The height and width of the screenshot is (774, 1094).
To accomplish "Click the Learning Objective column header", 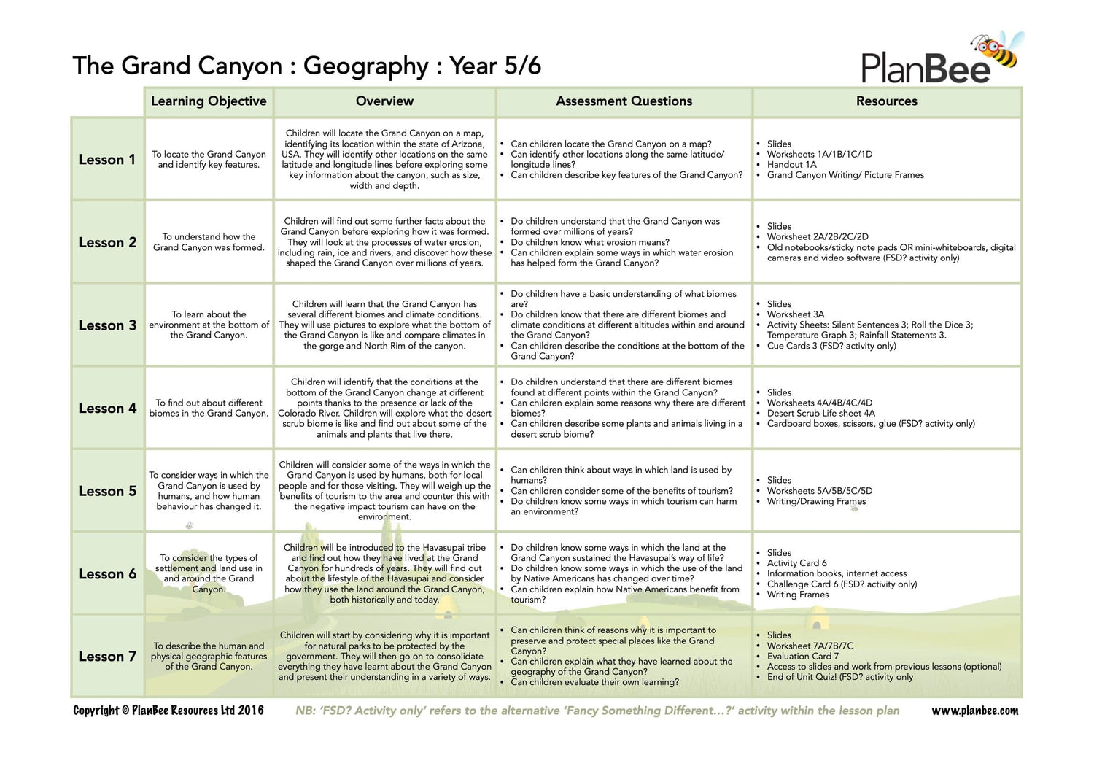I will tap(209, 101).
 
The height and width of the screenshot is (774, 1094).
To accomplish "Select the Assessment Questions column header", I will tap(624, 101).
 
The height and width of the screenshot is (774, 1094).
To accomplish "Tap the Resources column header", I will tap(886, 101).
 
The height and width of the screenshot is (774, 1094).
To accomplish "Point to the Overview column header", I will tap(384, 101).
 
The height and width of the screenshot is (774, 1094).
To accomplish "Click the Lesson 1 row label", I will tap(107, 160).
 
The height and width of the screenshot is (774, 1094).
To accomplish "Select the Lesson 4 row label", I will tap(107, 409).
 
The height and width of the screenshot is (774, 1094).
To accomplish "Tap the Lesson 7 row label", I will tap(107, 657).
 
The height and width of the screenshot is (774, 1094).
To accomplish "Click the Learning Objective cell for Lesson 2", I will tap(209, 242).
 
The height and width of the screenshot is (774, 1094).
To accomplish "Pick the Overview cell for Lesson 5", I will tap(384, 490).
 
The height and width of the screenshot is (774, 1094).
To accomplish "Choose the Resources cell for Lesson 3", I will tap(886, 325).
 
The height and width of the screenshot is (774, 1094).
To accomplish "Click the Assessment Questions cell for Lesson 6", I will tap(624, 573).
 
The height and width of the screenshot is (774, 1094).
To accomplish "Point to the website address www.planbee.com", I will tap(974, 711).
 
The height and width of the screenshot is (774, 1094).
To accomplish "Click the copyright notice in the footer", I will tap(168, 711).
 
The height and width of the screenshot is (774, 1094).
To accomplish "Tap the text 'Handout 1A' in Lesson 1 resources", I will tap(791, 165).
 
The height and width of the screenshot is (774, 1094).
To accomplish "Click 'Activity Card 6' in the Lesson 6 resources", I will tap(796, 563).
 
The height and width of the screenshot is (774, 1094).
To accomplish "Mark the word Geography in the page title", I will tap(365, 66).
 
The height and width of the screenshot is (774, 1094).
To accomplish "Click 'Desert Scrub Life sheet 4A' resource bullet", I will tap(820, 413).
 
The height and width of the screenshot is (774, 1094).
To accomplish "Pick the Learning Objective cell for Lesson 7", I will tap(209, 656).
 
